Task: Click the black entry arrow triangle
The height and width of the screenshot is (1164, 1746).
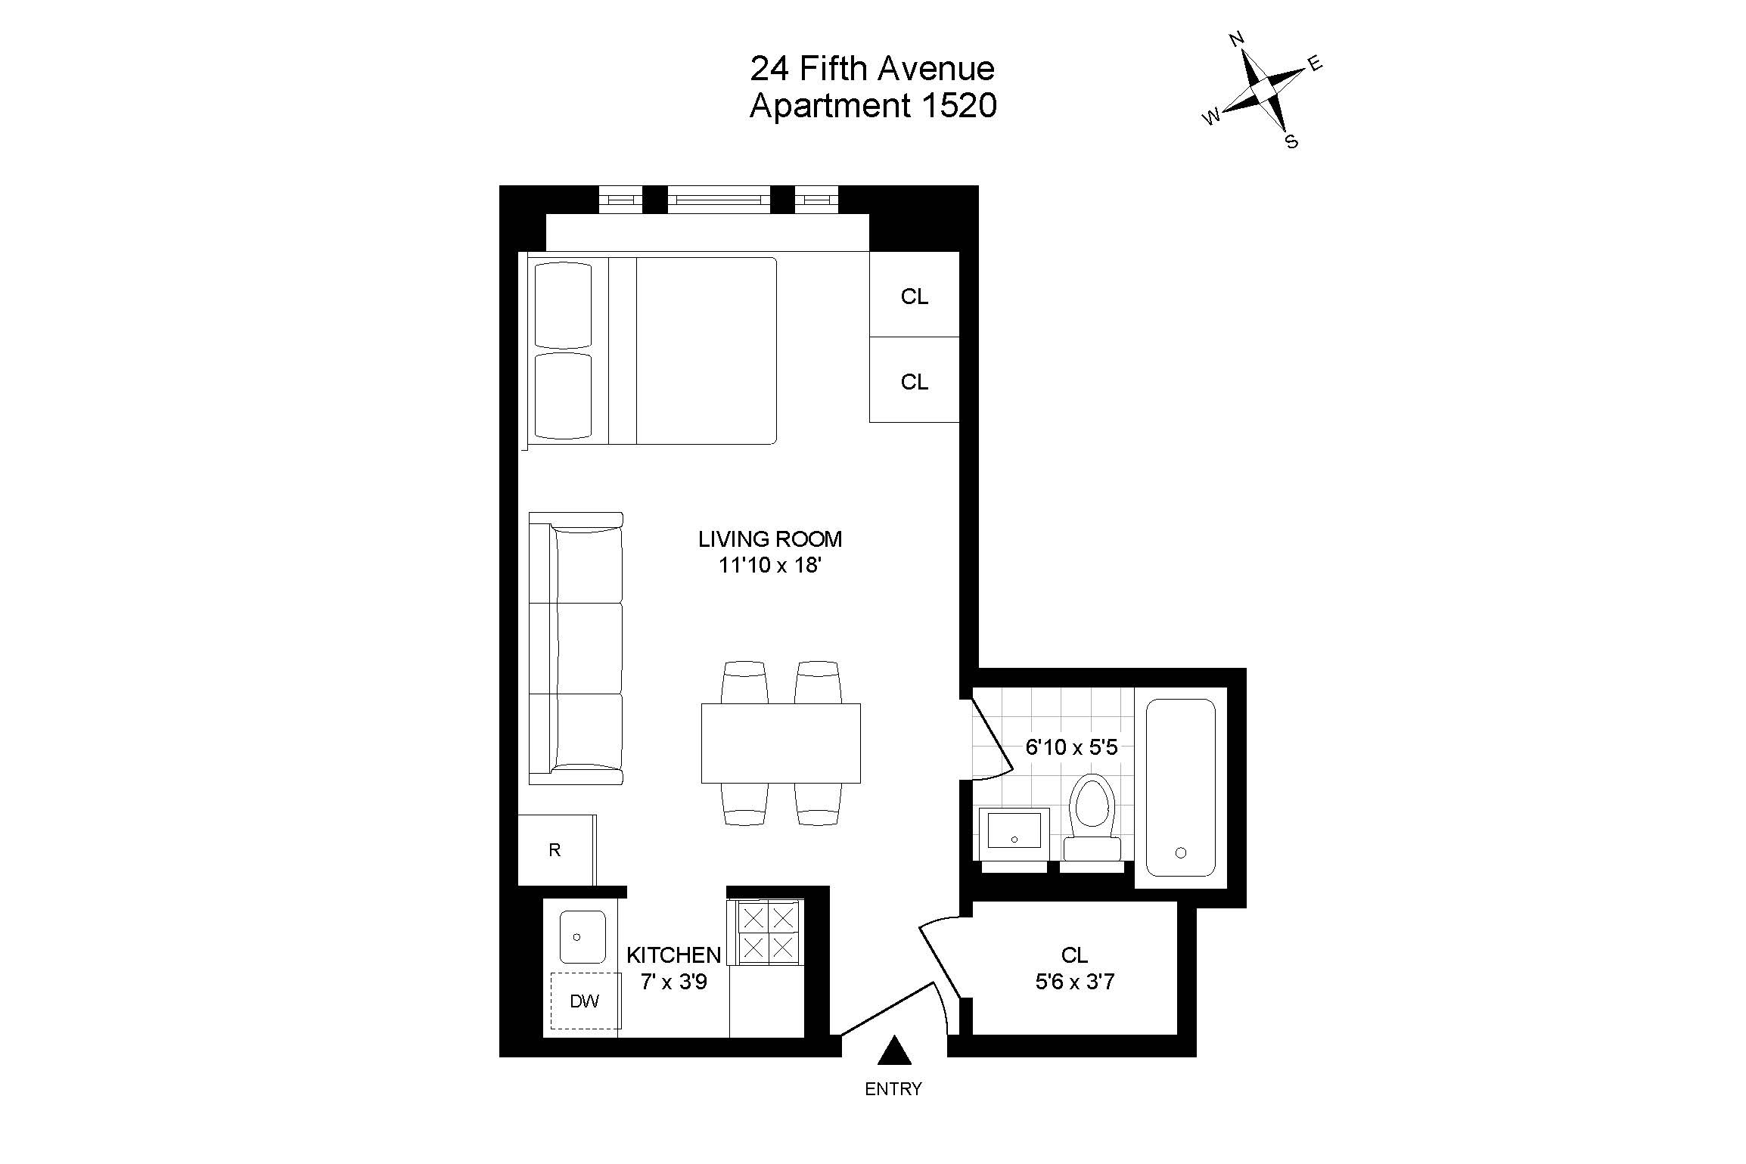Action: pyautogui.click(x=894, y=1051)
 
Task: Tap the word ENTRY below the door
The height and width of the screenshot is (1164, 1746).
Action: pyautogui.click(x=893, y=1089)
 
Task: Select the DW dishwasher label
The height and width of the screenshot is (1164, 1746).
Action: pyautogui.click(x=584, y=1001)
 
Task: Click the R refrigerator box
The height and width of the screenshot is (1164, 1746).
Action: pyautogui.click(x=555, y=850)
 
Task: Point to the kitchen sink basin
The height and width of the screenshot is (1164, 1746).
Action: pyautogui.click(x=582, y=936)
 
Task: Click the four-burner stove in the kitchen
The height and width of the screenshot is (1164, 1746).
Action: pyautogui.click(x=768, y=933)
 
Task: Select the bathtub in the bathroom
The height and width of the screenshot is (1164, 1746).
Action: pyautogui.click(x=1180, y=787)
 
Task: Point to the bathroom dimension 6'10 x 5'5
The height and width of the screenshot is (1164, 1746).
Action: pyautogui.click(x=1071, y=748)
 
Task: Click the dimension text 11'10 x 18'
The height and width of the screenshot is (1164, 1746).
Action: pyautogui.click(x=769, y=565)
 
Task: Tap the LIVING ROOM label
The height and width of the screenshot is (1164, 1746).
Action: pyautogui.click(x=769, y=539)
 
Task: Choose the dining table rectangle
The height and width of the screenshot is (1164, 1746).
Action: pyautogui.click(x=780, y=743)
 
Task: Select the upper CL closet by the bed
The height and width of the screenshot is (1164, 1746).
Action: pyautogui.click(x=914, y=296)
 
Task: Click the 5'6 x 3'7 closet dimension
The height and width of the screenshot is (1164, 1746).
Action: pyautogui.click(x=1074, y=982)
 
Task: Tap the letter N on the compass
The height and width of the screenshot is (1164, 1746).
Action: pyautogui.click(x=1237, y=39)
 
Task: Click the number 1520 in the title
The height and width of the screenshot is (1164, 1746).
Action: pyautogui.click(x=958, y=106)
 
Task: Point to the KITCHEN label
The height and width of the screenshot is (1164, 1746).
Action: pyautogui.click(x=673, y=954)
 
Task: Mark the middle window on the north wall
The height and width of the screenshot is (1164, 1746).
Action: pyautogui.click(x=719, y=200)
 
